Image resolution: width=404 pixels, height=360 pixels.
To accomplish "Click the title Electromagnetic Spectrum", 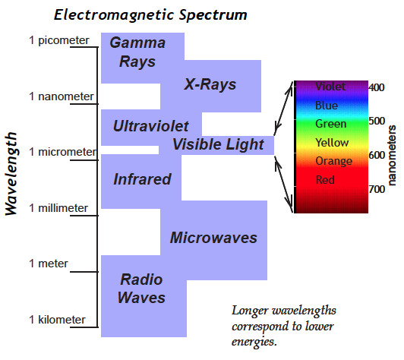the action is pos(150,15).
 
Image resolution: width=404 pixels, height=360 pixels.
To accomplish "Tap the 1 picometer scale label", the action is pos(59,40).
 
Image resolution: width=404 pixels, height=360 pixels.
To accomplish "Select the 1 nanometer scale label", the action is pos(62,96).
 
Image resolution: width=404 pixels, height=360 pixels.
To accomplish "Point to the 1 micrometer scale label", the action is pos(62,152).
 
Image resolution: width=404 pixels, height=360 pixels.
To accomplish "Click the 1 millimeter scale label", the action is pos(58,208).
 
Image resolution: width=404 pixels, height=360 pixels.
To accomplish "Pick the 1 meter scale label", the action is pos(49,264).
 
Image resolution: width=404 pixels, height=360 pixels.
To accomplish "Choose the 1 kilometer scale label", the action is pos(57,320).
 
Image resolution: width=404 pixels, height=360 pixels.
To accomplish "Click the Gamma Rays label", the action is pos(137,52).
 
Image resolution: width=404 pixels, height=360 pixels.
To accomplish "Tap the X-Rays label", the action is pos(210,84).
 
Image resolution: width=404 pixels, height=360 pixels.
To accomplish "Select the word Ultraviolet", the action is pos(151,126).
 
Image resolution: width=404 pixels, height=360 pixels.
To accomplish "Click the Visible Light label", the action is pos(218,144).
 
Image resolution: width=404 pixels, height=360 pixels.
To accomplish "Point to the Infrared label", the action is pos(142,179).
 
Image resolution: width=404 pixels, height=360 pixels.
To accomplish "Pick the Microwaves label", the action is pos(213,237).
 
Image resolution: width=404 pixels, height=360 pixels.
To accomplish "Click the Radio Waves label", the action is pos(141,289).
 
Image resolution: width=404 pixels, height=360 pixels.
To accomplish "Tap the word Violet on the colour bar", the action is pos(330,87).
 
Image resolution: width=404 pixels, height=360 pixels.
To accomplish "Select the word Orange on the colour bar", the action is pos(333,161).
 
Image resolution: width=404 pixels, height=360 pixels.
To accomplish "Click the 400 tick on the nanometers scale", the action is pos(377,87).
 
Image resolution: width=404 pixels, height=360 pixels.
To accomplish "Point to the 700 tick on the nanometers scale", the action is pos(377,189).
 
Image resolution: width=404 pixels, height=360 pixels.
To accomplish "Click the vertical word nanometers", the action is pos(391,156).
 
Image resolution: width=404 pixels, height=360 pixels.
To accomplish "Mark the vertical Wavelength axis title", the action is pos(11,174).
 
